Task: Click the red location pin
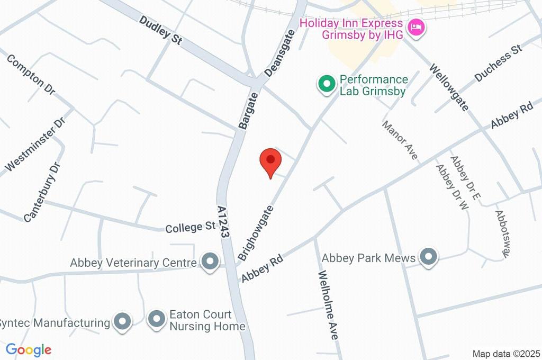tap(270, 161)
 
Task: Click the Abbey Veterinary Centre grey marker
tap(211, 262)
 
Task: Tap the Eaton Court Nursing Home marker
tap(156, 320)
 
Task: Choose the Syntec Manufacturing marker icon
tap(123, 322)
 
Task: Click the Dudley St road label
tap(161, 30)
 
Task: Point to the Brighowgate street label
tap(257, 231)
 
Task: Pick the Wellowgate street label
tap(449, 87)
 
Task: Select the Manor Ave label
tap(401, 140)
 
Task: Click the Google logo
tap(29, 349)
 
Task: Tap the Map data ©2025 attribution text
tap(506, 354)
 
